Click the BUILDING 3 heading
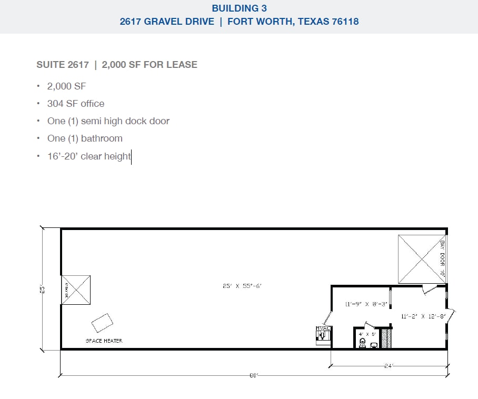coord(239,8)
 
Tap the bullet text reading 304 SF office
coord(75,104)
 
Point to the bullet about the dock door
coord(108,121)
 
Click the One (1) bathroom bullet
coord(84,138)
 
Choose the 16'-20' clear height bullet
coord(88,156)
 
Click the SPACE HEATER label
coord(104,341)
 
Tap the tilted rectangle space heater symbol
coord(102,322)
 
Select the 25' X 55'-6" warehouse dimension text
coord(242,286)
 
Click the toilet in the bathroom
coord(362,343)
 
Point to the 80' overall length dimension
coord(254,375)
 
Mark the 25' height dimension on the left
coord(45,289)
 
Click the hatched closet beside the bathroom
coord(386,338)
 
